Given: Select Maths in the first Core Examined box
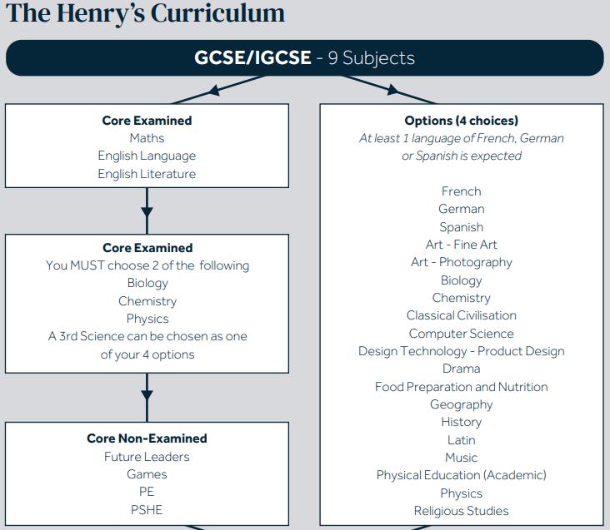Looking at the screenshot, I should (147, 138).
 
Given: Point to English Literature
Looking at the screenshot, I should (147, 174).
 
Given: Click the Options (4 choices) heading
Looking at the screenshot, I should (461, 121).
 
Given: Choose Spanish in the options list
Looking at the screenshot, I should (461, 227).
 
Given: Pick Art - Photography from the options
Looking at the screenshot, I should (461, 262).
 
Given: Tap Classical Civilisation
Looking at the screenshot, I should (461, 315).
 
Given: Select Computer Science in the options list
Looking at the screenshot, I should (461, 334).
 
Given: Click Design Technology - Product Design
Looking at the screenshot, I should (461, 351).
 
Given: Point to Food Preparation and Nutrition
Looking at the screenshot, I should (461, 387).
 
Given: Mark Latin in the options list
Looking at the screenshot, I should (461, 440).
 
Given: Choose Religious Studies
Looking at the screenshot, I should (461, 511).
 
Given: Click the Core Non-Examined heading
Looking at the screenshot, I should (147, 438).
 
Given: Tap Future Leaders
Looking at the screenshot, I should (147, 457).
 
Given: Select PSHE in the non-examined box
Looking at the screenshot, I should (147, 509).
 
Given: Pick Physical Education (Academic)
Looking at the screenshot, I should (461, 475).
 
